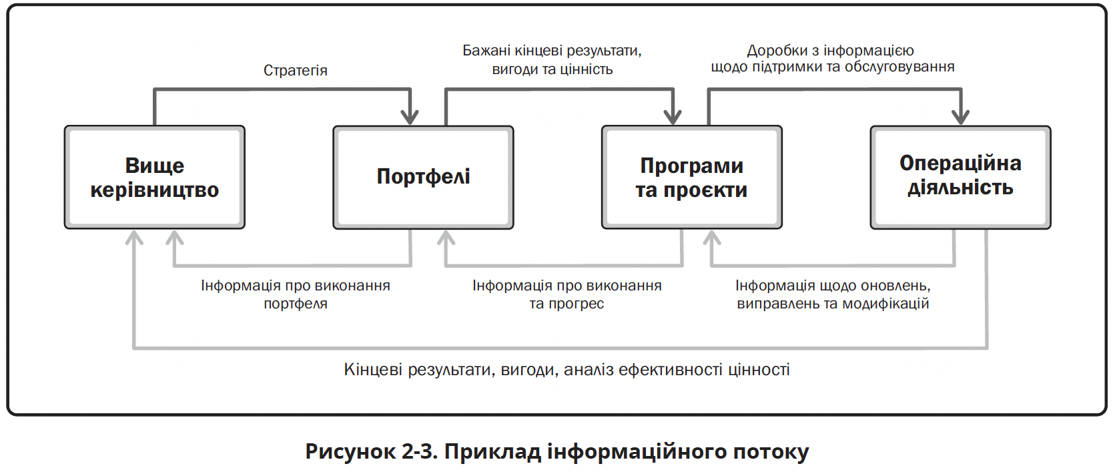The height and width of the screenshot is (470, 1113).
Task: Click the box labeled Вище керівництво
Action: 155,177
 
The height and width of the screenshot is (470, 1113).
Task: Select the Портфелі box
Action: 423,177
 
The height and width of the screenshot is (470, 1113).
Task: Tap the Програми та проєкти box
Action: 692,177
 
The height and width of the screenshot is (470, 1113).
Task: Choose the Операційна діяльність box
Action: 960,177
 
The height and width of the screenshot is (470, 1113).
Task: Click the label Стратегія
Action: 295,71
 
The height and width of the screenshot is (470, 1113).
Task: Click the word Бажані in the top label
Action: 486,51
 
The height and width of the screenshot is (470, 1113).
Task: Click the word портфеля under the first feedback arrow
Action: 296,304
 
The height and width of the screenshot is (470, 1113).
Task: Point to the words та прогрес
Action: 567,304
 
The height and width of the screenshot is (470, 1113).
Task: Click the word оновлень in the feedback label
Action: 894,286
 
